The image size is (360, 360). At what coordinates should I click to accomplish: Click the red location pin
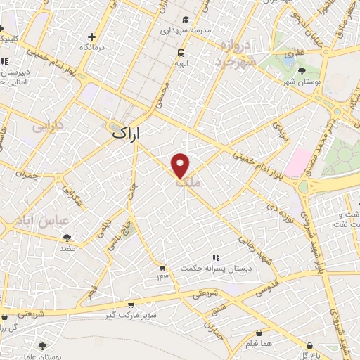181,165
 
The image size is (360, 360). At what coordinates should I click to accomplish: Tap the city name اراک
127,132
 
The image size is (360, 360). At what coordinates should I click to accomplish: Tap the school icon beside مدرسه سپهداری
186,19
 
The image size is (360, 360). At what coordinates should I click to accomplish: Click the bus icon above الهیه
181,52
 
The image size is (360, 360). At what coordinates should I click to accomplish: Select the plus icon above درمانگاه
91,37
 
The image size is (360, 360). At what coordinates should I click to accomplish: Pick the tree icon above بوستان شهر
302,70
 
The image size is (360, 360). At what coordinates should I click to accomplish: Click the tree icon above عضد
67,238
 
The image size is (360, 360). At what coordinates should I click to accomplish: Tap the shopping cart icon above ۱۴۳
162,267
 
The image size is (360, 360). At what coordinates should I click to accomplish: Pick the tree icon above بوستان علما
43,345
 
